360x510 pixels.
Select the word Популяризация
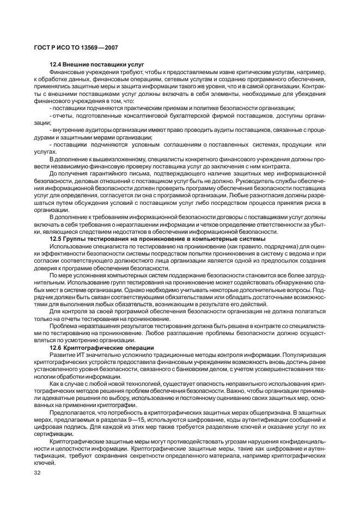(299, 354)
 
